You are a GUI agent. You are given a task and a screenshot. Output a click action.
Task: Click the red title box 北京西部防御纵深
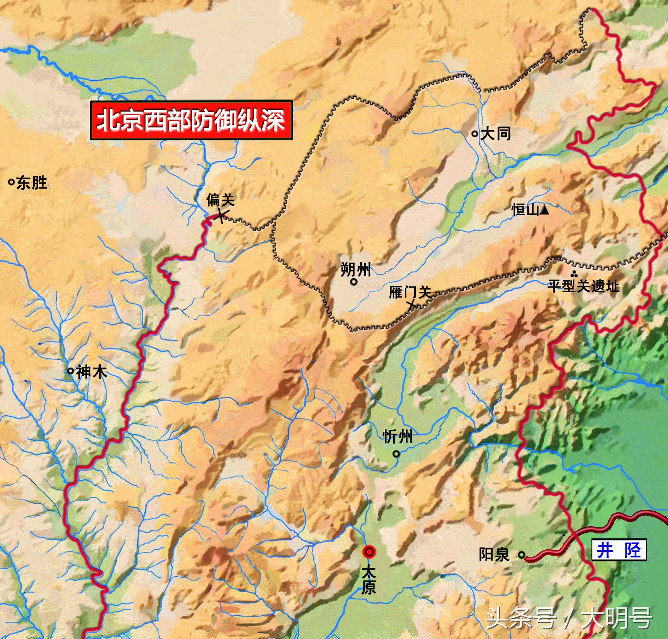[x=191, y=120]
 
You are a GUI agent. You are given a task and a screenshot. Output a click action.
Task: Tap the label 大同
[x=496, y=134]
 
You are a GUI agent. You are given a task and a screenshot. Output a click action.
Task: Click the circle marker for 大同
[x=474, y=134]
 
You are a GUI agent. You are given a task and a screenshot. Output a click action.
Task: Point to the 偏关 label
[x=220, y=200]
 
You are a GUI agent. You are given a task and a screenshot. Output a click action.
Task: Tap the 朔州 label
[x=355, y=270]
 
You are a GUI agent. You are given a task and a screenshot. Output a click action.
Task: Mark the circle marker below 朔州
[x=354, y=282]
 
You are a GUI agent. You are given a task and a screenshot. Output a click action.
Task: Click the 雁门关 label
[x=410, y=293]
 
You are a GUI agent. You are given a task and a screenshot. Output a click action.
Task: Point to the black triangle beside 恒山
[x=544, y=210]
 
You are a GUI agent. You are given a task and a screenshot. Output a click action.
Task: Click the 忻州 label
[x=397, y=436]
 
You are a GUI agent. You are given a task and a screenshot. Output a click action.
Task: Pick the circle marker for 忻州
[x=396, y=454]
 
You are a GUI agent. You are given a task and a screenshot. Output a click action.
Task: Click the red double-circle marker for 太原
[x=369, y=552]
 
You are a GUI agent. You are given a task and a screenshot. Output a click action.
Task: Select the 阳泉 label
[x=494, y=554]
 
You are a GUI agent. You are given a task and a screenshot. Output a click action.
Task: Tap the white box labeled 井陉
[x=619, y=550]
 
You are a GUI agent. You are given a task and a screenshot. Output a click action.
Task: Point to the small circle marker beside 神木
[x=70, y=371]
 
